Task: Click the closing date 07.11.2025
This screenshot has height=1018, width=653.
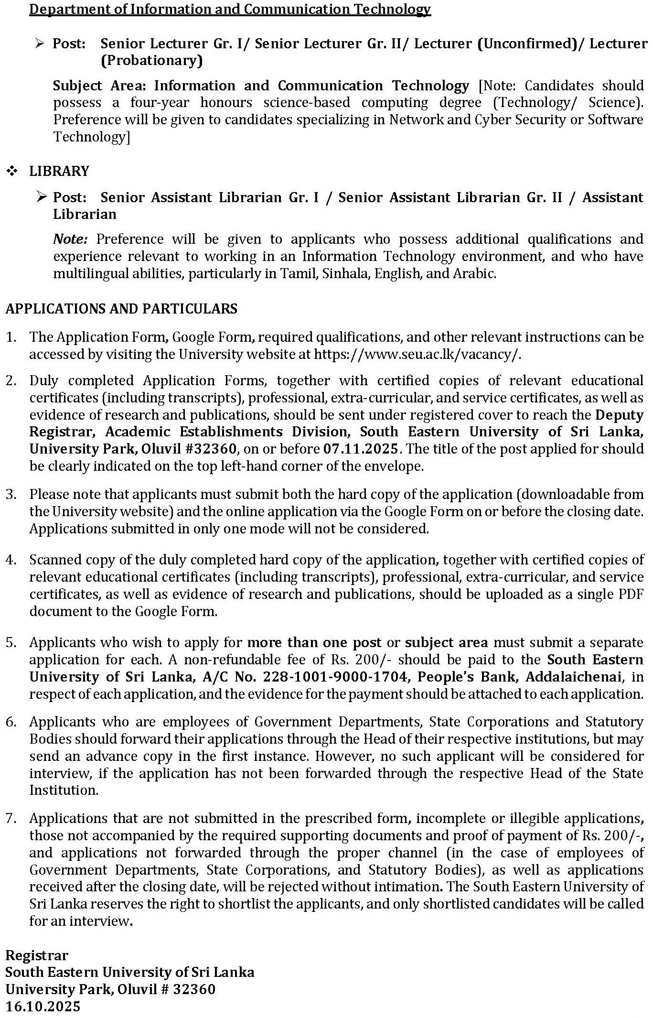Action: coord(361,449)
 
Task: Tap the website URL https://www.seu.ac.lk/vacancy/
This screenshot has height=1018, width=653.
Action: coord(417,354)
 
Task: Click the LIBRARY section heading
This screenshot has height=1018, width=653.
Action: coord(59,171)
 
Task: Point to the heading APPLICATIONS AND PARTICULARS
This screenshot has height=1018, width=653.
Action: coord(121,308)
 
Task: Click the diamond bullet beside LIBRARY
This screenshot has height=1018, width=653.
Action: coord(12,171)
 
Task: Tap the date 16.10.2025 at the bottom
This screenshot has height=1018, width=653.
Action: coord(43,1006)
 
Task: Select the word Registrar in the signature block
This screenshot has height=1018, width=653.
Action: coord(37,955)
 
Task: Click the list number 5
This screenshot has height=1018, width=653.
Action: coord(11,642)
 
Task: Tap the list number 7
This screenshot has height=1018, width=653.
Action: coord(11,818)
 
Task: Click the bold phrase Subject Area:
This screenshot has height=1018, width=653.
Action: coord(100,86)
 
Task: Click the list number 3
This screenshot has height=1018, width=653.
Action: coord(11,494)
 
